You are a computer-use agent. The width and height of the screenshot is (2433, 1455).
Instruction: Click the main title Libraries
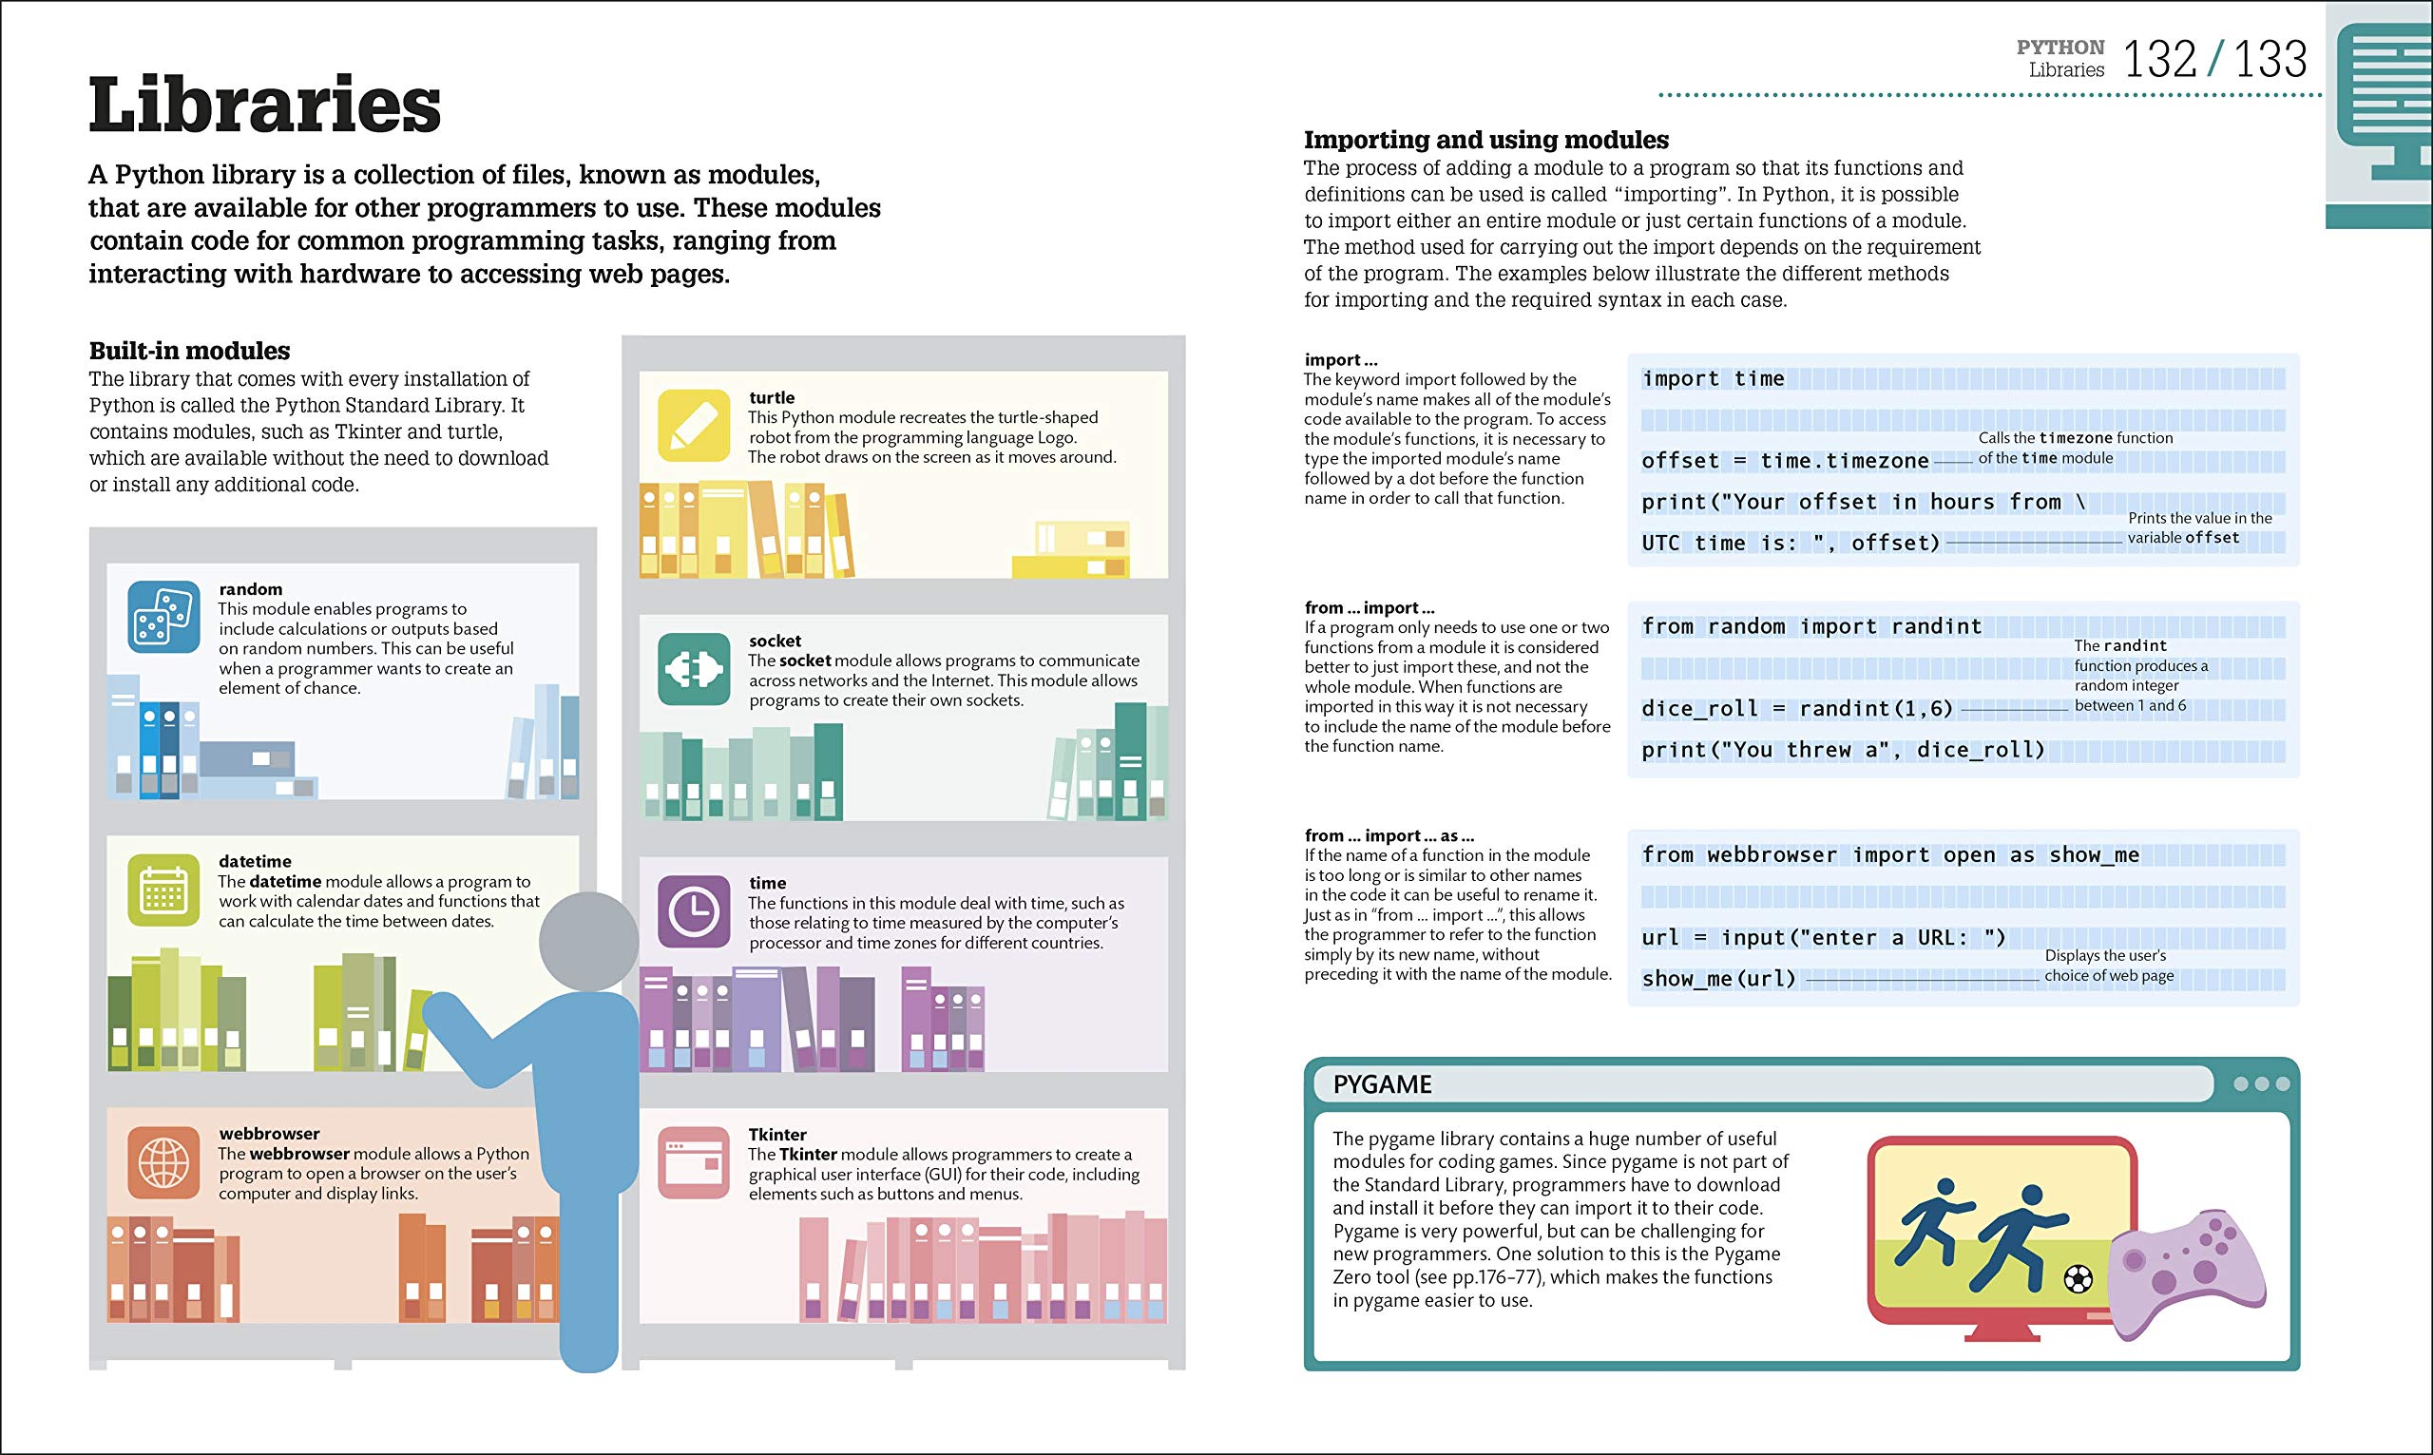[x=264, y=105]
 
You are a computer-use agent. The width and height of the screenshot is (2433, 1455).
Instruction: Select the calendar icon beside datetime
[x=163, y=890]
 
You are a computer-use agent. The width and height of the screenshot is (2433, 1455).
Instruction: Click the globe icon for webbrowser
[x=163, y=1163]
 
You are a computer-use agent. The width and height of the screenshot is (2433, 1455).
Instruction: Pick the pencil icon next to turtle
[x=694, y=426]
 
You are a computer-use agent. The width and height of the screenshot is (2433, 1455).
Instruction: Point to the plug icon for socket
[x=694, y=670]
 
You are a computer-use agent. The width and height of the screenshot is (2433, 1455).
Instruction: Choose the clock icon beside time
[x=694, y=911]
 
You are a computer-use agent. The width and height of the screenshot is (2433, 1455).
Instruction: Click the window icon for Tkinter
[x=694, y=1163]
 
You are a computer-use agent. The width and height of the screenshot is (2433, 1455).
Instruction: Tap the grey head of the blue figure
[x=589, y=941]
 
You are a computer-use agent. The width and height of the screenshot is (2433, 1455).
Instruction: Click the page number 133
[x=2271, y=60]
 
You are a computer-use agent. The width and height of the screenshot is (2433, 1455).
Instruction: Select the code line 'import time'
[x=1713, y=379]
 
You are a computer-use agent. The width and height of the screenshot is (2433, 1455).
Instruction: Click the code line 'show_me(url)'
[x=1718, y=979]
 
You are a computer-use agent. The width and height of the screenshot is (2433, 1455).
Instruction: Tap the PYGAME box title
[x=1382, y=1084]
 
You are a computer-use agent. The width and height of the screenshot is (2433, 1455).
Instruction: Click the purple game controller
[x=2186, y=1272]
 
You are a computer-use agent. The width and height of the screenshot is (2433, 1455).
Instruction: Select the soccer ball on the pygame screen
[x=2078, y=1278]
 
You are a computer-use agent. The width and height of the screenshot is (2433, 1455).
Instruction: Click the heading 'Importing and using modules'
[x=1485, y=141]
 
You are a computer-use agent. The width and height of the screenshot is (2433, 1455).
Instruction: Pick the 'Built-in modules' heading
[x=189, y=351]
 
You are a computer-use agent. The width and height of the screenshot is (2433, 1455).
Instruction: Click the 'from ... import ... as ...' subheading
[x=1388, y=835]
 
